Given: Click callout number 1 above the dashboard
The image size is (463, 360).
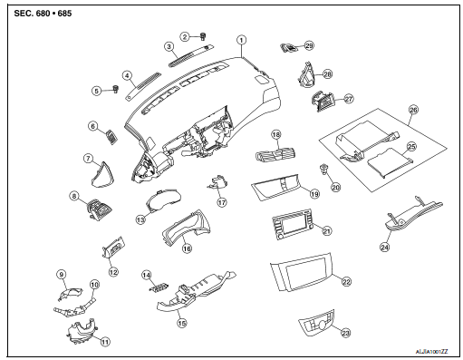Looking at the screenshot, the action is pos(241,40).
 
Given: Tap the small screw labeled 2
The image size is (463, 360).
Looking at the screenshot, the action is pos(203,37).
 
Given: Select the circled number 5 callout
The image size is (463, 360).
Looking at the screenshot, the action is pos(96,91).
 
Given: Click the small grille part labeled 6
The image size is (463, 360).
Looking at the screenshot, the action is pos(112,137).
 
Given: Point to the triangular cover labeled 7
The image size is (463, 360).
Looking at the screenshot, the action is pos(101,175).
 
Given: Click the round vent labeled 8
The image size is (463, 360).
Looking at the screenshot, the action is pos(98,209).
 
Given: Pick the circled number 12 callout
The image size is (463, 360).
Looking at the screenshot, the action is pos(113,272).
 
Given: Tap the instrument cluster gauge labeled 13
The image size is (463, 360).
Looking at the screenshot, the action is pos(163,199).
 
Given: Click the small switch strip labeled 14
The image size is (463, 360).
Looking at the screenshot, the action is pos(159,287).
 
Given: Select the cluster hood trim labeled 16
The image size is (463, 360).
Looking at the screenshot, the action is pos(186,228).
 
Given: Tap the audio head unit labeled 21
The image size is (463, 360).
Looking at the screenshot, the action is pos(293,224).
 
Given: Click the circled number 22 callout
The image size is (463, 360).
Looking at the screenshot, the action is pos(346,282).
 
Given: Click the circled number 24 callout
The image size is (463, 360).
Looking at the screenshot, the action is pos(384,248).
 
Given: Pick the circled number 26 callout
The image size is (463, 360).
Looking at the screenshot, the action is pos(413,110).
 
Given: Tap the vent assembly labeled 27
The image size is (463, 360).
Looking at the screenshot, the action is pos(323,102).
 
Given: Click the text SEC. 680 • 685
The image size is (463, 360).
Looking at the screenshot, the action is pos(43,14).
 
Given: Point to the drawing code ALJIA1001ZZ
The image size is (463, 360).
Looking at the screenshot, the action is pos(432,352).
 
